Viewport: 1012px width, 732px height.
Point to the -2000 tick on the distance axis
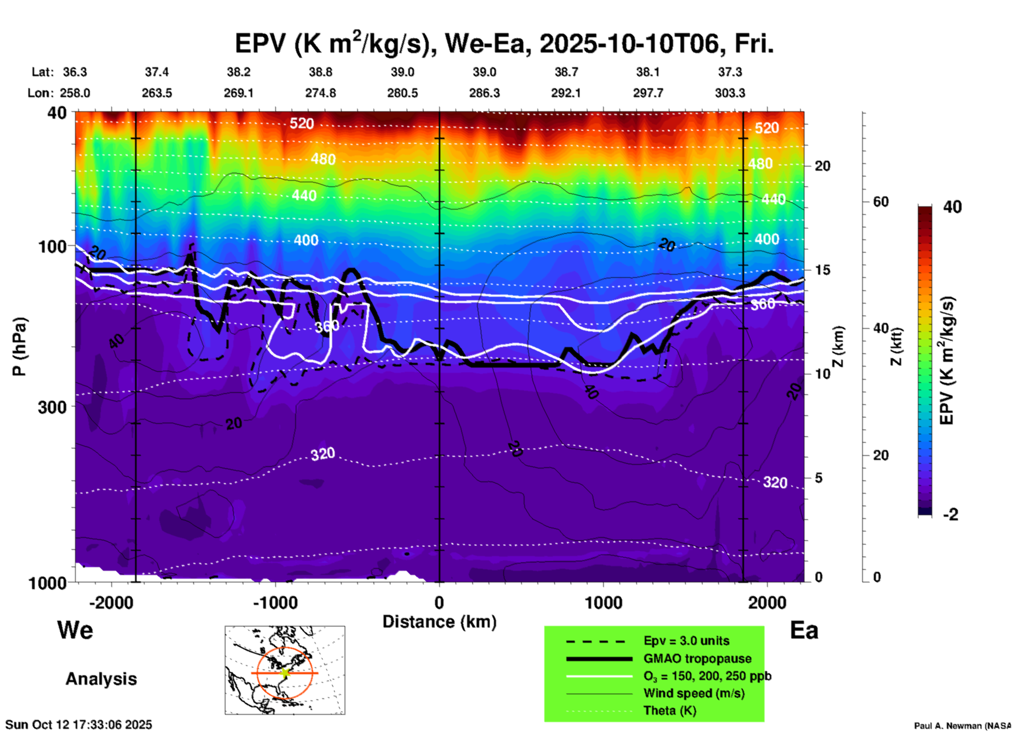tap(111, 602)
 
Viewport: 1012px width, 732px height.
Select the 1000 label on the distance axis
tap(603, 602)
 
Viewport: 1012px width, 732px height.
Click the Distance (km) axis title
tap(439, 622)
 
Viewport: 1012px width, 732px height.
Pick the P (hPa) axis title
tap(19, 347)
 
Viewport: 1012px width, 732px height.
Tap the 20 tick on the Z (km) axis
tap(822, 166)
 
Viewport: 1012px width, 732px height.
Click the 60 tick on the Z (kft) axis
tap(881, 202)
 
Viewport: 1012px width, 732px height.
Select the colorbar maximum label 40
tap(952, 207)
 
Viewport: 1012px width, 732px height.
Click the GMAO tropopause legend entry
tap(697, 658)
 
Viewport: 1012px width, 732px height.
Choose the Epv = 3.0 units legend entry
tap(686, 641)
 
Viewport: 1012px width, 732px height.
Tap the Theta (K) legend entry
tap(669, 710)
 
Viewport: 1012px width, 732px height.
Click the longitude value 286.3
tap(484, 93)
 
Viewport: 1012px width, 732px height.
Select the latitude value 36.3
tap(75, 72)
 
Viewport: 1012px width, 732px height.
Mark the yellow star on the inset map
tap(285, 673)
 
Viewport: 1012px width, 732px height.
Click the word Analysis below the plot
tap(101, 679)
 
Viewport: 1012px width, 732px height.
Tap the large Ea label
tap(804, 631)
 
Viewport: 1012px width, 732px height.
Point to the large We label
tap(75, 630)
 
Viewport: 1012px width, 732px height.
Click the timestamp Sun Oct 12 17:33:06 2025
tap(79, 725)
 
